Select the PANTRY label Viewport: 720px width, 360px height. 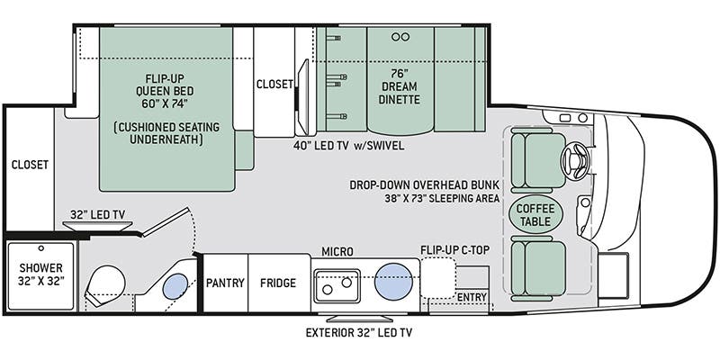coord(225,283)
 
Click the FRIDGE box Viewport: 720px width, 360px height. coord(278,283)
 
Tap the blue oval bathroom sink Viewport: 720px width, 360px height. coord(175,285)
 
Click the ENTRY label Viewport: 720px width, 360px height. coord(472,298)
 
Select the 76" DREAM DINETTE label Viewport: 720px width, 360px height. coord(400,86)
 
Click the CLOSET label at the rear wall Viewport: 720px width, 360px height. coord(29,165)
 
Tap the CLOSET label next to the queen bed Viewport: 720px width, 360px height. coord(274,84)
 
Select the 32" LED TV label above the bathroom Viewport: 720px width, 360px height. coord(97,214)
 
